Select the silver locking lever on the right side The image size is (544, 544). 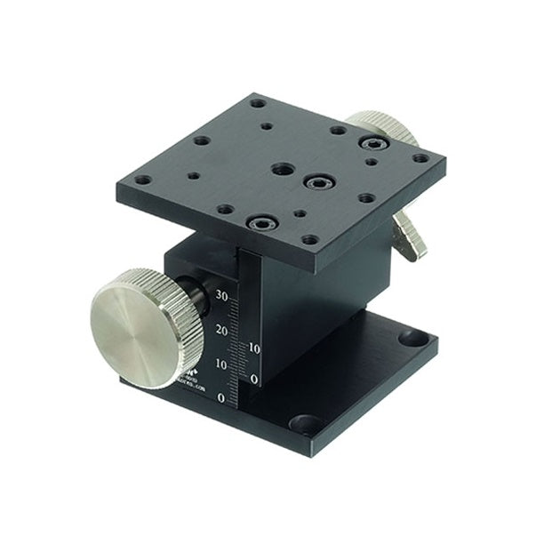408,236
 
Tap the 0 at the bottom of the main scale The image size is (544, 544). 221,397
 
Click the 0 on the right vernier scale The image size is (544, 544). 254,380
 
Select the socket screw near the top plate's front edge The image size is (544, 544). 262,222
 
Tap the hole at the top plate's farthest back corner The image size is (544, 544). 258,103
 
